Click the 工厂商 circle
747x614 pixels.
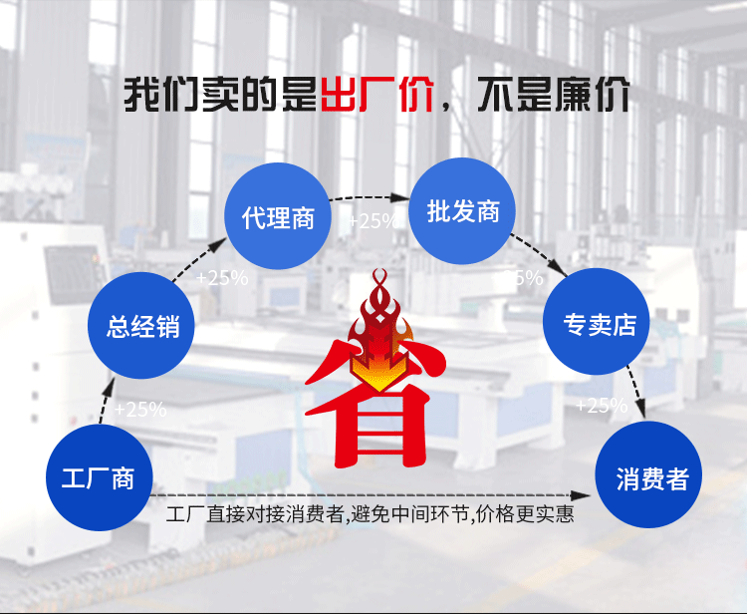coord(98,477)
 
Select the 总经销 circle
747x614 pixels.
coord(142,325)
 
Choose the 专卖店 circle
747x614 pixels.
coord(595,324)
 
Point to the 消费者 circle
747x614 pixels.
coord(652,479)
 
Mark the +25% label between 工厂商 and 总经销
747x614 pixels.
coord(140,409)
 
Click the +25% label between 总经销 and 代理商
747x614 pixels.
coord(222,278)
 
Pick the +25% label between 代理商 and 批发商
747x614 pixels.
coord(373,221)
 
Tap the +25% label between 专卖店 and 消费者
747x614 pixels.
coord(602,406)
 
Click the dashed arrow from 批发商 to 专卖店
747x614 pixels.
coord(538,255)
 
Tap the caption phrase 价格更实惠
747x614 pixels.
coord(523,515)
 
